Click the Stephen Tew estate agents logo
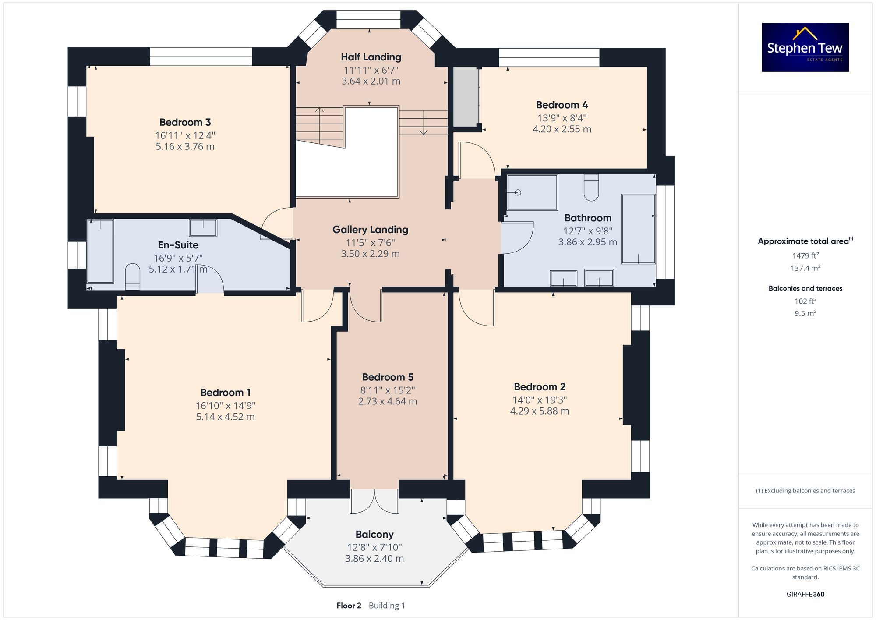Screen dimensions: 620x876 tap(805, 47)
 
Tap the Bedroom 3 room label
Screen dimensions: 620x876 tap(185, 122)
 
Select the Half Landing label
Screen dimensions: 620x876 tap(371, 57)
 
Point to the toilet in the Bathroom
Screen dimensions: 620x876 tap(591, 188)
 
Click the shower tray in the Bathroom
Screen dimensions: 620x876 tap(532, 193)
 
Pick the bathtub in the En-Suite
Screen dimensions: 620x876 tap(100, 251)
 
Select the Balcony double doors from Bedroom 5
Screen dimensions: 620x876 tap(374, 501)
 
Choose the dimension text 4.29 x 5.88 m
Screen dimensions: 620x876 tap(539, 411)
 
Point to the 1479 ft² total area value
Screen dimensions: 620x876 tap(805, 256)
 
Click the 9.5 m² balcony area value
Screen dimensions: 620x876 tap(805, 313)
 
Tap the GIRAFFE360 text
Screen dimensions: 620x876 tap(805, 594)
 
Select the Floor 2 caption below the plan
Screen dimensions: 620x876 tap(349, 606)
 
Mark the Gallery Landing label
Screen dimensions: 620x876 tap(370, 230)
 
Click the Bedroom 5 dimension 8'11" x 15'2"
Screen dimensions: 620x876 tap(388, 390)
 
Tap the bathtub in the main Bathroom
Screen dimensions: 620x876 tap(638, 229)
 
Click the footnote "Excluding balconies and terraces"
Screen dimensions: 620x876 tap(805, 491)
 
